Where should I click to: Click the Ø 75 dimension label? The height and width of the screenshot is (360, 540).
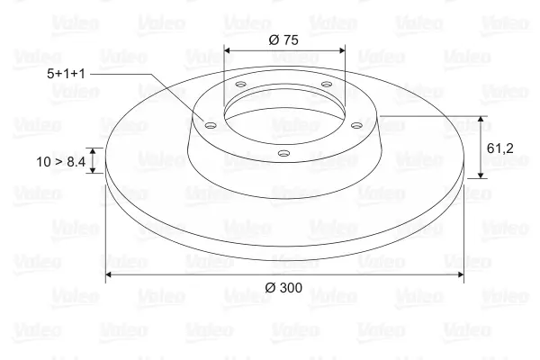[x=283, y=40]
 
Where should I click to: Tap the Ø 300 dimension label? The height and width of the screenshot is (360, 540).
[x=283, y=288]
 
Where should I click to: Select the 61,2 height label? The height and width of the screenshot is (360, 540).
[x=500, y=148]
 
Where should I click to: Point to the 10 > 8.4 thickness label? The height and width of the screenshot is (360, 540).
[x=60, y=162]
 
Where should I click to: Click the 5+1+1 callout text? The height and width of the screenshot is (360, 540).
[x=66, y=74]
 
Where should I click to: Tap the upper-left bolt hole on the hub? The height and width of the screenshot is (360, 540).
[x=241, y=84]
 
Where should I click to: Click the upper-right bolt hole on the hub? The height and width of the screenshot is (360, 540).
[x=327, y=84]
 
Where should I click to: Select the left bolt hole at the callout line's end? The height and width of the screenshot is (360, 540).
[x=210, y=125]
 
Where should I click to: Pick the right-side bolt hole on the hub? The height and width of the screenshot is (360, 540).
[x=357, y=125]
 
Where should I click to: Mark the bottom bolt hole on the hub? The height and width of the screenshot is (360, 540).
[x=283, y=153]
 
